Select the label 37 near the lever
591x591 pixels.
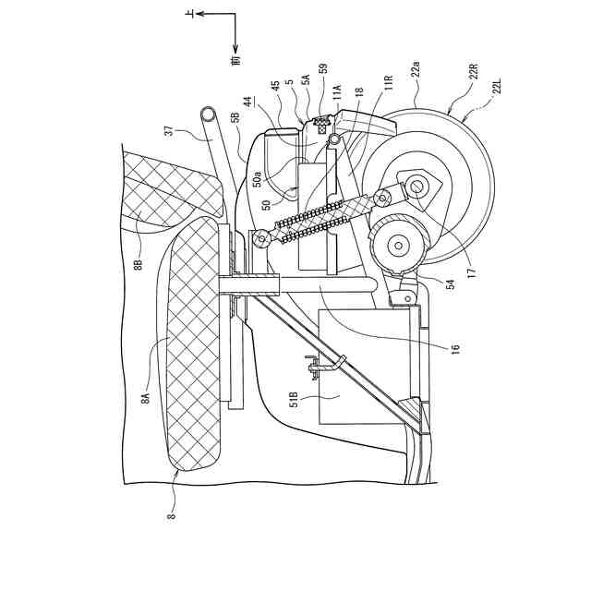169,130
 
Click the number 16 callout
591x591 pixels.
455,346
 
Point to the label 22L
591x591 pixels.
500,90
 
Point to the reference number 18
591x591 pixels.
358,93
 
